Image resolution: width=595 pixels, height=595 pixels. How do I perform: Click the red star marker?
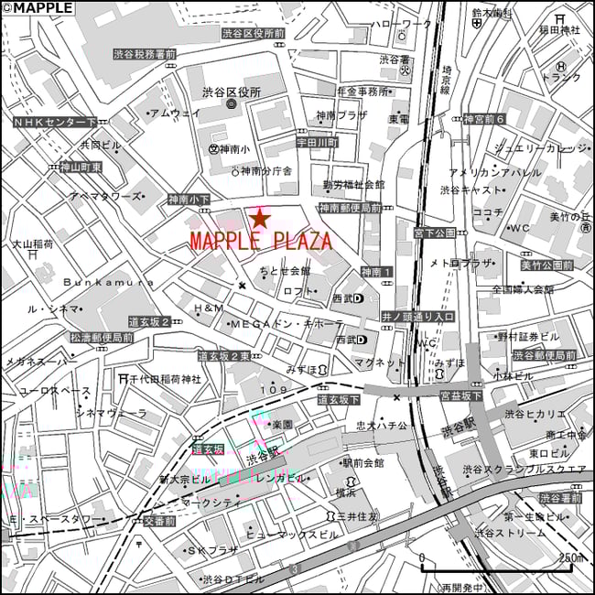point(260,219)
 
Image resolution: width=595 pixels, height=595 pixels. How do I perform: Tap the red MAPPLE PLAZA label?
point(261,242)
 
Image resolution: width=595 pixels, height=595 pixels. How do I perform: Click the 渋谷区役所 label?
point(232,92)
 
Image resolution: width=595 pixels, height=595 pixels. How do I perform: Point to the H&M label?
point(208,308)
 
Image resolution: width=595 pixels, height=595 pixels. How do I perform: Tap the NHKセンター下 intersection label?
point(55,122)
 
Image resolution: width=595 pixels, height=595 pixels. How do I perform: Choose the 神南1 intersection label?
point(376,272)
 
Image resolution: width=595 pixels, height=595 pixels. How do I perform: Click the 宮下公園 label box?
point(435,233)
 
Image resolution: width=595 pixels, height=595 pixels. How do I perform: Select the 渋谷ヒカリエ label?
point(540,414)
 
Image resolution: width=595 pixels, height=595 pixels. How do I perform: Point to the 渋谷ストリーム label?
point(502,532)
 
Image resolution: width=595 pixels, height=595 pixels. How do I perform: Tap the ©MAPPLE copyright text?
point(38,7)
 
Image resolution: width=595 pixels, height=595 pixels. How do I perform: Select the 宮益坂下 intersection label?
point(460,396)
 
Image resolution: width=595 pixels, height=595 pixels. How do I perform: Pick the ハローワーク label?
point(401,24)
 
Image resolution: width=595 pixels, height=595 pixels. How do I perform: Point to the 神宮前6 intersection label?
point(484,120)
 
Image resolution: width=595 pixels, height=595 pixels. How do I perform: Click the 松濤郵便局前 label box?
point(102,338)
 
